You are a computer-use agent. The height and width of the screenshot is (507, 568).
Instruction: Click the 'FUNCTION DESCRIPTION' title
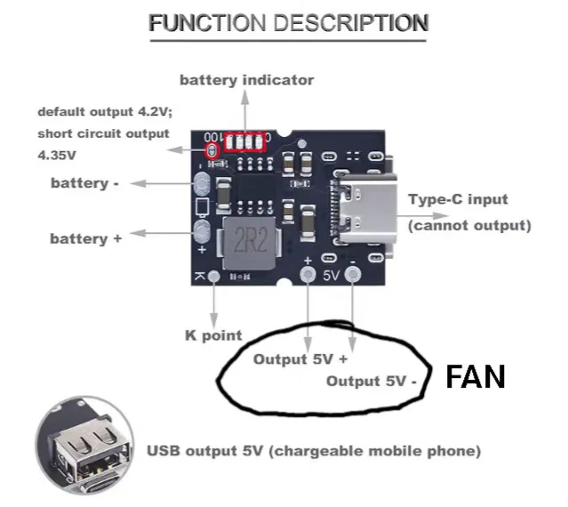[289, 23]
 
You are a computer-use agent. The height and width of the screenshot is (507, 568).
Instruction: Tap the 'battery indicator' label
[246, 80]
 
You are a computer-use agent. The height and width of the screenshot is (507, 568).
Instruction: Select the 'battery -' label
[85, 183]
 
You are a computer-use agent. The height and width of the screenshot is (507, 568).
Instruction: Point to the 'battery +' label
[85, 238]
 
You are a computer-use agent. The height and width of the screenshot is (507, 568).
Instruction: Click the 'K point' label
[212, 335]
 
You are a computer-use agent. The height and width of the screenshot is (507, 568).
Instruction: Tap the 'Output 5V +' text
[300, 359]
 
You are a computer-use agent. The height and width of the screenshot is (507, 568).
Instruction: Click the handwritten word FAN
[475, 377]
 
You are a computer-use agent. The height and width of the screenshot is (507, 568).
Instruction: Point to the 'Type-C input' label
[458, 199]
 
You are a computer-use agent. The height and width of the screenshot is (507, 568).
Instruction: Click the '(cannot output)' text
[468, 225]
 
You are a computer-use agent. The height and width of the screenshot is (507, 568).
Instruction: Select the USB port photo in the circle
[85, 447]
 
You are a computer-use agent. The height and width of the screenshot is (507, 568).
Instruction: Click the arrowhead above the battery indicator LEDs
[246, 100]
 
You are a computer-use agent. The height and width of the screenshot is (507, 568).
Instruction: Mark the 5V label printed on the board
[332, 276]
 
